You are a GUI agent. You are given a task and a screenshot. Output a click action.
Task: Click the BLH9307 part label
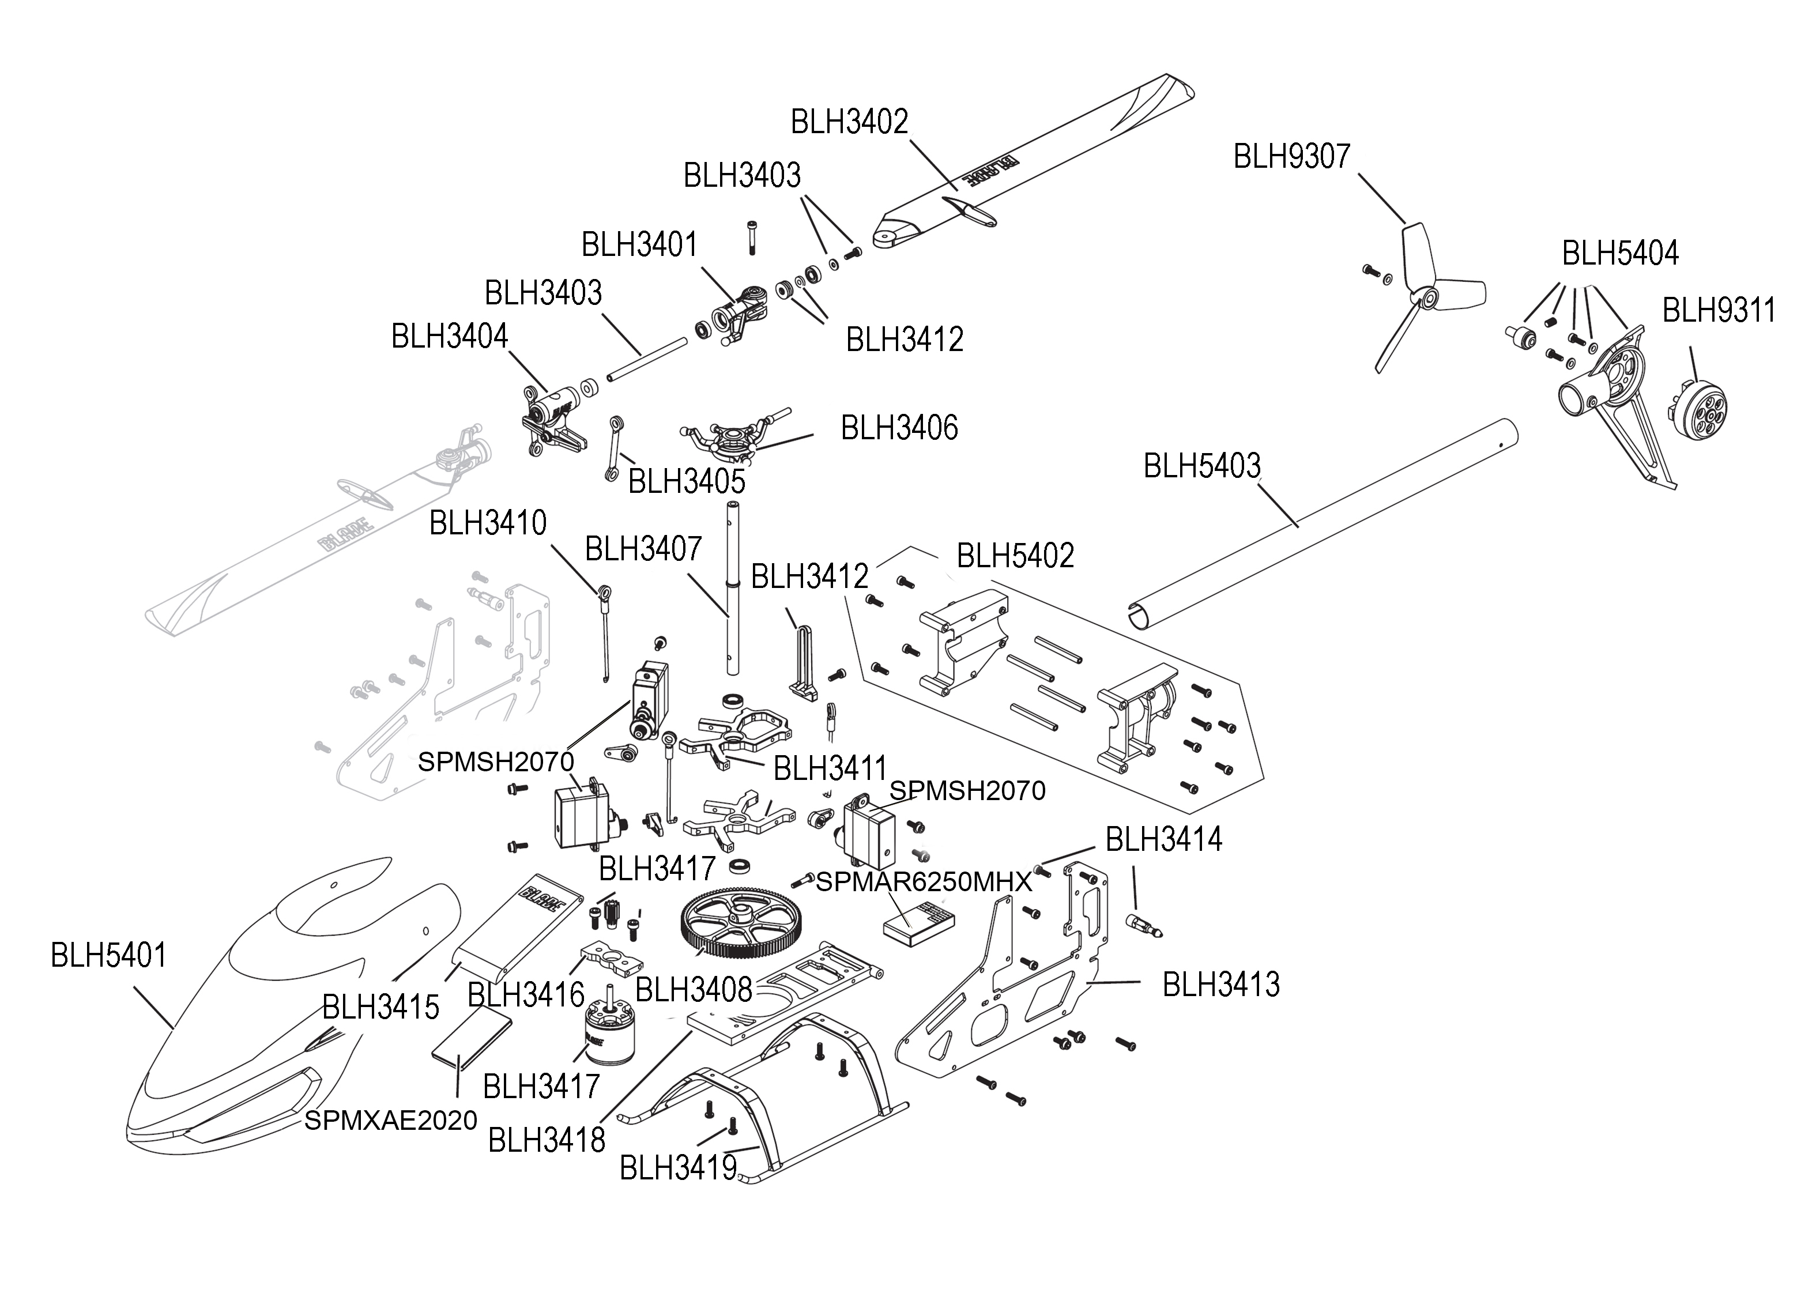[1291, 157]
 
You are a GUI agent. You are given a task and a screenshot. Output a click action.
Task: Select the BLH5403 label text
[1202, 466]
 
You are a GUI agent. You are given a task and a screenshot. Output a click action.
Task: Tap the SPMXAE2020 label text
[390, 1121]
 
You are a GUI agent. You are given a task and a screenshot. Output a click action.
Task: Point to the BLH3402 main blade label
[850, 122]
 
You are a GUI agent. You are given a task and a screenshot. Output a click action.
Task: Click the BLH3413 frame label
[1221, 985]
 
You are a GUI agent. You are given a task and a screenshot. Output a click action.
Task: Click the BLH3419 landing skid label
[678, 1168]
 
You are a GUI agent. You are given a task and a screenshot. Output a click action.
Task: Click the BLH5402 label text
[1015, 556]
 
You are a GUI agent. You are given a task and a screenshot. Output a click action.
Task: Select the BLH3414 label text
[1163, 839]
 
